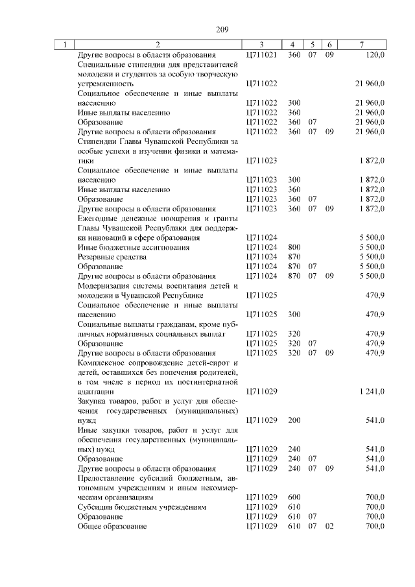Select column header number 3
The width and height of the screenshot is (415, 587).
pyautogui.click(x=261, y=45)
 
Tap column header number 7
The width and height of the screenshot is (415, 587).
pyautogui.click(x=361, y=45)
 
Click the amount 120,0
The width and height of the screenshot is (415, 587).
pyautogui.click(x=375, y=55)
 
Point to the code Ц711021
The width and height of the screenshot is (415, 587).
pyautogui.click(x=262, y=55)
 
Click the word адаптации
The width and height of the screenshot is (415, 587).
pyautogui.click(x=95, y=391)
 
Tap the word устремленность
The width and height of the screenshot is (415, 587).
pyautogui.click(x=105, y=84)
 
